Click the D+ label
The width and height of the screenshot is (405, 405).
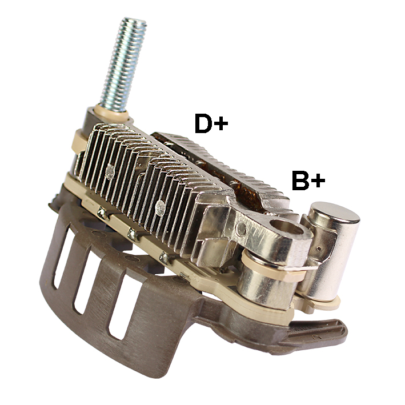pos(211,123)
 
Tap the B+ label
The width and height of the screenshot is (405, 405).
pos(308,180)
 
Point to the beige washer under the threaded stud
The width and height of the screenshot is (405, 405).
pos(111,113)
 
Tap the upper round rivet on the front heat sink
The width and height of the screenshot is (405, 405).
pos(110,172)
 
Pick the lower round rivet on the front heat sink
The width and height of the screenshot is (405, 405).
pos(160,208)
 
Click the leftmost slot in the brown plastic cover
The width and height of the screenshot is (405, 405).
pos(62,256)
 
